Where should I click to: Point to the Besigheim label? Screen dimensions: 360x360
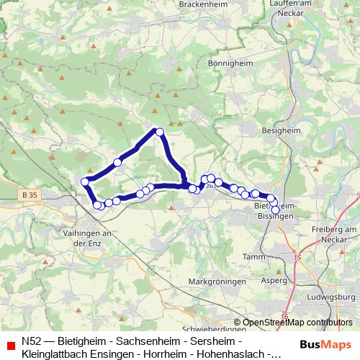(282, 132)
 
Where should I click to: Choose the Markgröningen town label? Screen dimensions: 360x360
(217, 281)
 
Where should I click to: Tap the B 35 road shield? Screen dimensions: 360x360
(30, 194)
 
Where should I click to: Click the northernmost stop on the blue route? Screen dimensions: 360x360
(160, 131)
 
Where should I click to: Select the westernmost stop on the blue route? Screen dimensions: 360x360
(85, 181)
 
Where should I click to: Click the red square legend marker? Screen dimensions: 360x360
(9, 346)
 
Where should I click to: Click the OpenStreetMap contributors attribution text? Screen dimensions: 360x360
(297, 323)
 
